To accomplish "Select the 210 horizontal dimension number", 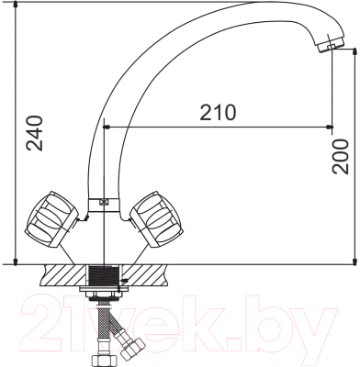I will (217, 112).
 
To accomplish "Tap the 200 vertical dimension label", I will (341, 156).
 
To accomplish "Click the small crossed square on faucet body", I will (103, 205).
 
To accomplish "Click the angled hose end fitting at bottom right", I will (130, 346).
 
